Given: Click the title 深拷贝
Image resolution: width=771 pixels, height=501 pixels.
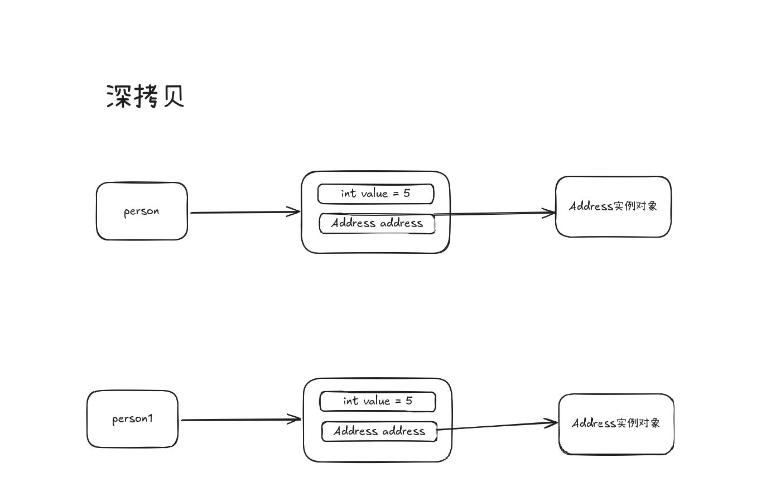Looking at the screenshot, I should (145, 96).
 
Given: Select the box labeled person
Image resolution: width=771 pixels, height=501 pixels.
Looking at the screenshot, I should (142, 211).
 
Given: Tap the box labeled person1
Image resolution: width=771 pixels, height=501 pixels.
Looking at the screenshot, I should (132, 419).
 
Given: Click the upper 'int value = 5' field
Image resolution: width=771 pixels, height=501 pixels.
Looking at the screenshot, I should (375, 194).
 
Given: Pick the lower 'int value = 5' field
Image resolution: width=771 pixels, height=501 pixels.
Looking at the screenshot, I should (378, 401).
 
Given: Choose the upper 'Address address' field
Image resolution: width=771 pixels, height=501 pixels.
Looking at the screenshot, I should (377, 223).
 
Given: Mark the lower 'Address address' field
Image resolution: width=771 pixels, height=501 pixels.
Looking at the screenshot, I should (379, 431).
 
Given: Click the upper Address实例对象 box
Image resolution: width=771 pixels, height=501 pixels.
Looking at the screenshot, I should (613, 206).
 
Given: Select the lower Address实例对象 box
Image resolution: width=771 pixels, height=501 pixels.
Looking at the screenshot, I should (616, 424).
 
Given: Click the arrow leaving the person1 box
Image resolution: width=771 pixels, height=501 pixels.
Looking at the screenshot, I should (240, 420).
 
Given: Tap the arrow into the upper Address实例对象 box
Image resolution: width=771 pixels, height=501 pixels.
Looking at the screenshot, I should (494, 213).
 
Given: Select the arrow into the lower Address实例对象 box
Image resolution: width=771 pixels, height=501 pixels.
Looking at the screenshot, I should (497, 426).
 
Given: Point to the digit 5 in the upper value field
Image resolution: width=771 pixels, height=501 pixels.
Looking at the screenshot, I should (407, 193).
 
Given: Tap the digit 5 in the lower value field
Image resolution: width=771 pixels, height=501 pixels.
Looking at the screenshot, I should (409, 401).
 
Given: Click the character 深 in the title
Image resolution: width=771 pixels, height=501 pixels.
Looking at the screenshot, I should (118, 96).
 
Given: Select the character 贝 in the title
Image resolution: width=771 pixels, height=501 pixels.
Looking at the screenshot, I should (173, 96).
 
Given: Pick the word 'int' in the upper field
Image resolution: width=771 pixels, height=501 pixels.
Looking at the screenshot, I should (348, 193).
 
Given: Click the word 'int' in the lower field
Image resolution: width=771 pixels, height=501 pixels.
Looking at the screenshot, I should (350, 401).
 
